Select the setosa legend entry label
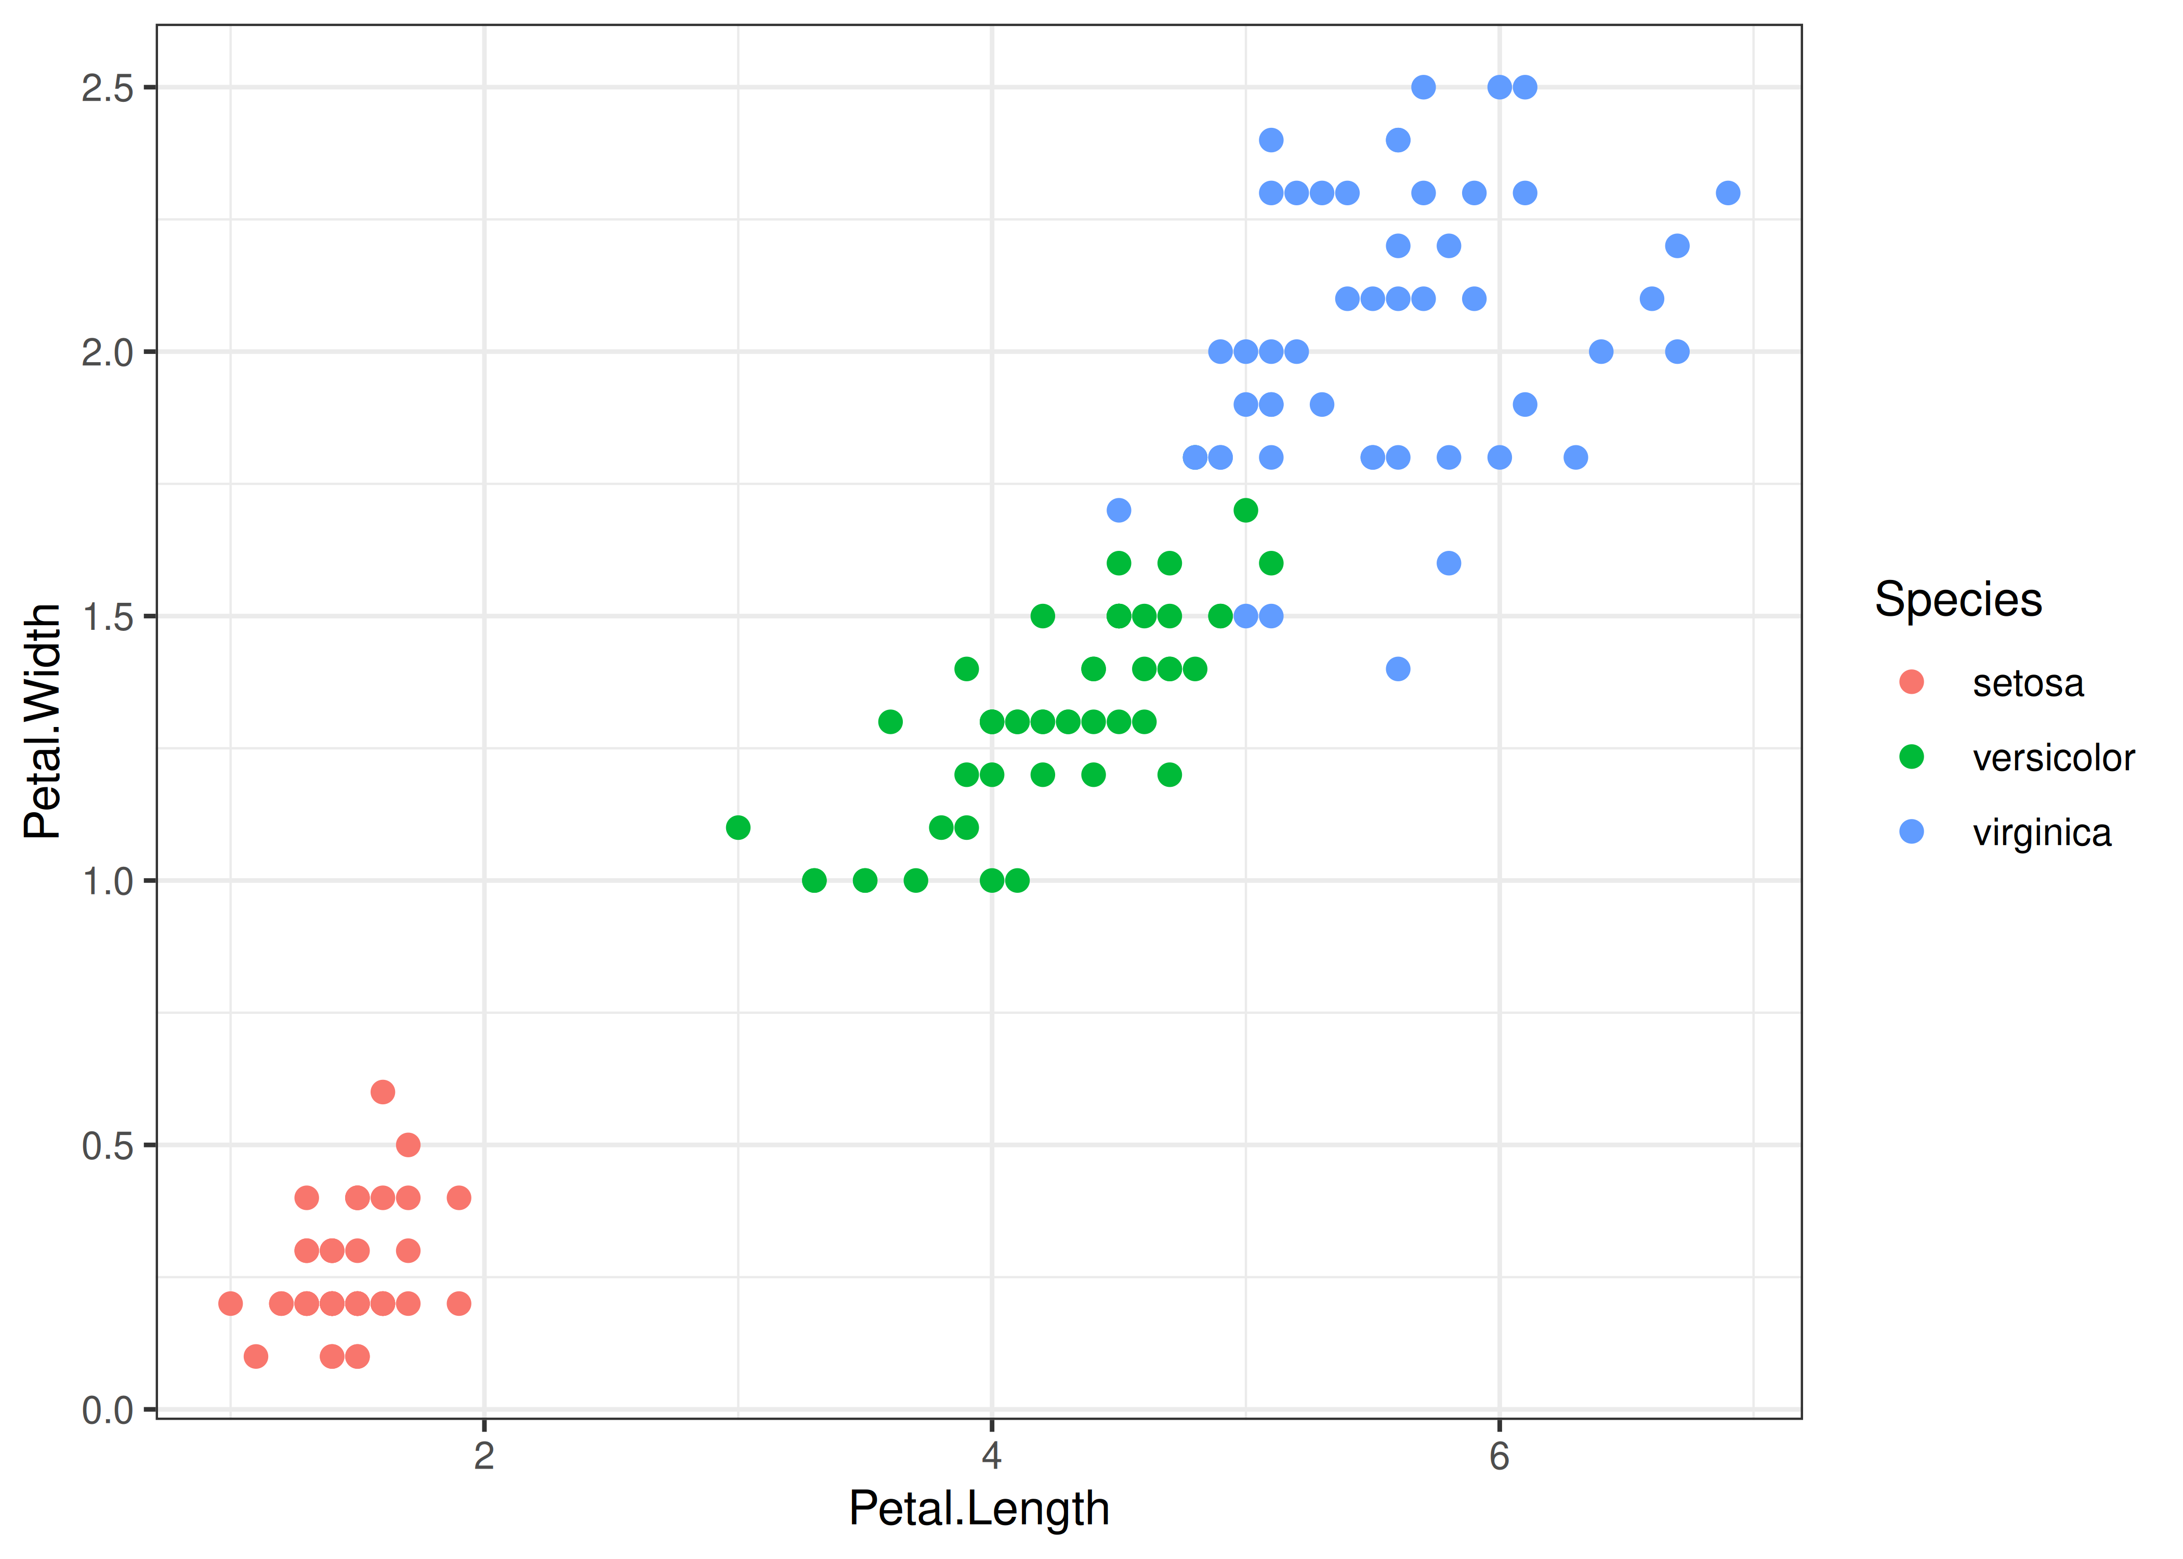pos(2028,683)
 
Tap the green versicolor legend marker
pos(1911,758)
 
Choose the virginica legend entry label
pos(2041,833)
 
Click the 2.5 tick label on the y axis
pos(108,88)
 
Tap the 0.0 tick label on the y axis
pos(108,1410)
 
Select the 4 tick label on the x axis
pos(992,1456)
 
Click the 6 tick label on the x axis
pos(1500,1456)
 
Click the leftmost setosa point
pos(230,1303)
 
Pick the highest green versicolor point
pos(1246,510)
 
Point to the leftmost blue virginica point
pos(1119,510)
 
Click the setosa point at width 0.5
pos(408,1144)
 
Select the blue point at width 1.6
pos(1449,563)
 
